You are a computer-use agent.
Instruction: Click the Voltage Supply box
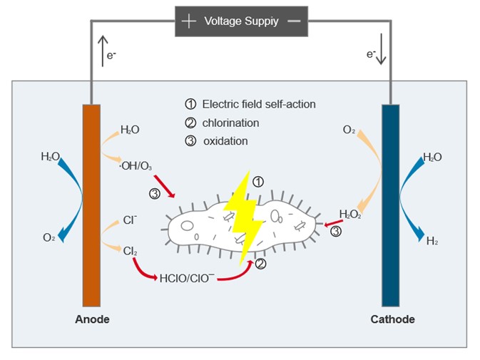tap(241, 21)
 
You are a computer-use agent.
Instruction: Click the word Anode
tap(92, 319)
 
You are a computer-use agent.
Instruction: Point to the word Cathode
tap(392, 319)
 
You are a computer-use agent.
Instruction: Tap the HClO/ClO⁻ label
tap(188, 277)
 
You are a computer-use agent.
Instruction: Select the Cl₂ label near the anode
tap(130, 251)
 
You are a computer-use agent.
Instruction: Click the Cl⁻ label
tap(130, 220)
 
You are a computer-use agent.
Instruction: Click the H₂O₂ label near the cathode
tap(349, 214)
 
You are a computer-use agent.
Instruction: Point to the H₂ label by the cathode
tap(432, 242)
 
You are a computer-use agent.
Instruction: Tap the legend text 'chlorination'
tap(230, 123)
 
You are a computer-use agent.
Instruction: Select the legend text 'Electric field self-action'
tap(258, 104)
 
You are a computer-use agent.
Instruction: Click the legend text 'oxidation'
tap(225, 141)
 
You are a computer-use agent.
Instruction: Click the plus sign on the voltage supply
tap(188, 21)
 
